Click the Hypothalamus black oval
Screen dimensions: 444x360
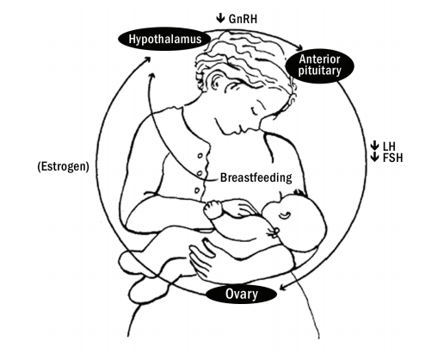[x=164, y=39]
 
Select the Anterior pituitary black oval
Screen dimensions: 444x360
[x=319, y=65]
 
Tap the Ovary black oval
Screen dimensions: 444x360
[x=241, y=295]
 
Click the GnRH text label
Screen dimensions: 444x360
[x=243, y=19]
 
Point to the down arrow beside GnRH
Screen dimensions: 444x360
[x=220, y=18]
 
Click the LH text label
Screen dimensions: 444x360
[x=389, y=146]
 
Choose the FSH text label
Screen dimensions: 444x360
[x=392, y=158]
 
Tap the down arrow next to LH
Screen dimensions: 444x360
[x=374, y=146]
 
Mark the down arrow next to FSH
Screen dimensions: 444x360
[x=374, y=157]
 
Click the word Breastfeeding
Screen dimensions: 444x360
[x=256, y=177]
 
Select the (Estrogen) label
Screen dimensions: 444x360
[x=63, y=166]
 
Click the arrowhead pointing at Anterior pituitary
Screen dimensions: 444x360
[x=299, y=47]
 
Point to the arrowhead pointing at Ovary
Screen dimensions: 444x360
[x=283, y=287]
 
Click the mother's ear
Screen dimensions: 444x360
[x=218, y=81]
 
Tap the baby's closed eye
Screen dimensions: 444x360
[x=285, y=214]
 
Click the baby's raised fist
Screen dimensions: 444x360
[x=213, y=209]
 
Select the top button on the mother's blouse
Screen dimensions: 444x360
[x=200, y=156]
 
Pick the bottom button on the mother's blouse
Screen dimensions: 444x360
[x=197, y=190]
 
